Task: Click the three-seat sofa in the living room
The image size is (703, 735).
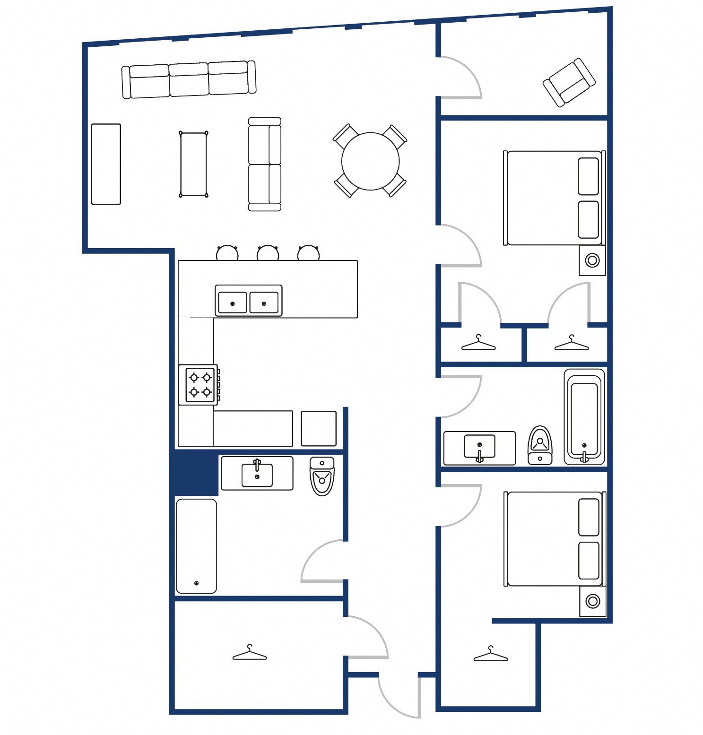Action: (x=189, y=79)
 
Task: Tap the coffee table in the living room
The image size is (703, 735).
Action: (x=193, y=164)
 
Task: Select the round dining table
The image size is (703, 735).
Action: (x=370, y=161)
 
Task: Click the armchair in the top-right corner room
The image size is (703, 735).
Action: (x=569, y=82)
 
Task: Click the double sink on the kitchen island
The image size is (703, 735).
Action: (x=248, y=301)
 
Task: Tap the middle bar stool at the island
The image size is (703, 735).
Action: (x=268, y=253)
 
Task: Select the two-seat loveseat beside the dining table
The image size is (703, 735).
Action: (x=264, y=164)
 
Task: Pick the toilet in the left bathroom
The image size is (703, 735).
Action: (x=322, y=476)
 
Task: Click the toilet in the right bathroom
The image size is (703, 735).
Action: (x=540, y=445)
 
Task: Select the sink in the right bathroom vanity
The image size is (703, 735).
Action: (x=479, y=447)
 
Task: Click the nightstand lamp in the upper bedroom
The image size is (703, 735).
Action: (x=592, y=260)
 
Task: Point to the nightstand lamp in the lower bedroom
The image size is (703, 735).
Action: (x=592, y=601)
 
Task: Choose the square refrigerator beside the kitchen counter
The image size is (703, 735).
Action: (x=319, y=428)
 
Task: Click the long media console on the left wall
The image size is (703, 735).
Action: (x=106, y=164)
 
